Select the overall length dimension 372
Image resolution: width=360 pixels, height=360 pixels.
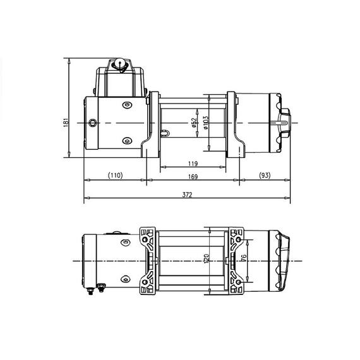click(x=187, y=196)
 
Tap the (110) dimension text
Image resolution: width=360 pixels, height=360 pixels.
click(x=114, y=175)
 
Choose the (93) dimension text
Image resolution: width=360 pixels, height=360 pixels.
click(x=264, y=175)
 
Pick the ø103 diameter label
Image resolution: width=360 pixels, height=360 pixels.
click(x=205, y=122)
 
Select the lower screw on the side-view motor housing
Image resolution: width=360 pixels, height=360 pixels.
click(x=126, y=140)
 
